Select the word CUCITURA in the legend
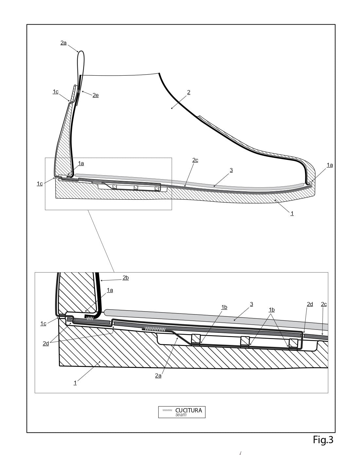(x=189, y=410)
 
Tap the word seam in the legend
(x=181, y=415)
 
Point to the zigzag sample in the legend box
(x=167, y=410)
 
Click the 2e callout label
(x=96, y=95)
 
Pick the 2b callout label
(x=126, y=278)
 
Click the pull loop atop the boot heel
(x=81, y=64)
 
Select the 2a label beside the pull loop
(x=63, y=43)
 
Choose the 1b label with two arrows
(x=272, y=310)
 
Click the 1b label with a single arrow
(x=224, y=307)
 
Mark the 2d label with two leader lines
(x=46, y=344)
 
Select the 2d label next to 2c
(x=310, y=304)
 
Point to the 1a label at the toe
(x=330, y=165)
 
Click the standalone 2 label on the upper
(x=189, y=92)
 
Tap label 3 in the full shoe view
(x=231, y=170)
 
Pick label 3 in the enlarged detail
(x=251, y=304)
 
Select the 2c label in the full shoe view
(x=195, y=160)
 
